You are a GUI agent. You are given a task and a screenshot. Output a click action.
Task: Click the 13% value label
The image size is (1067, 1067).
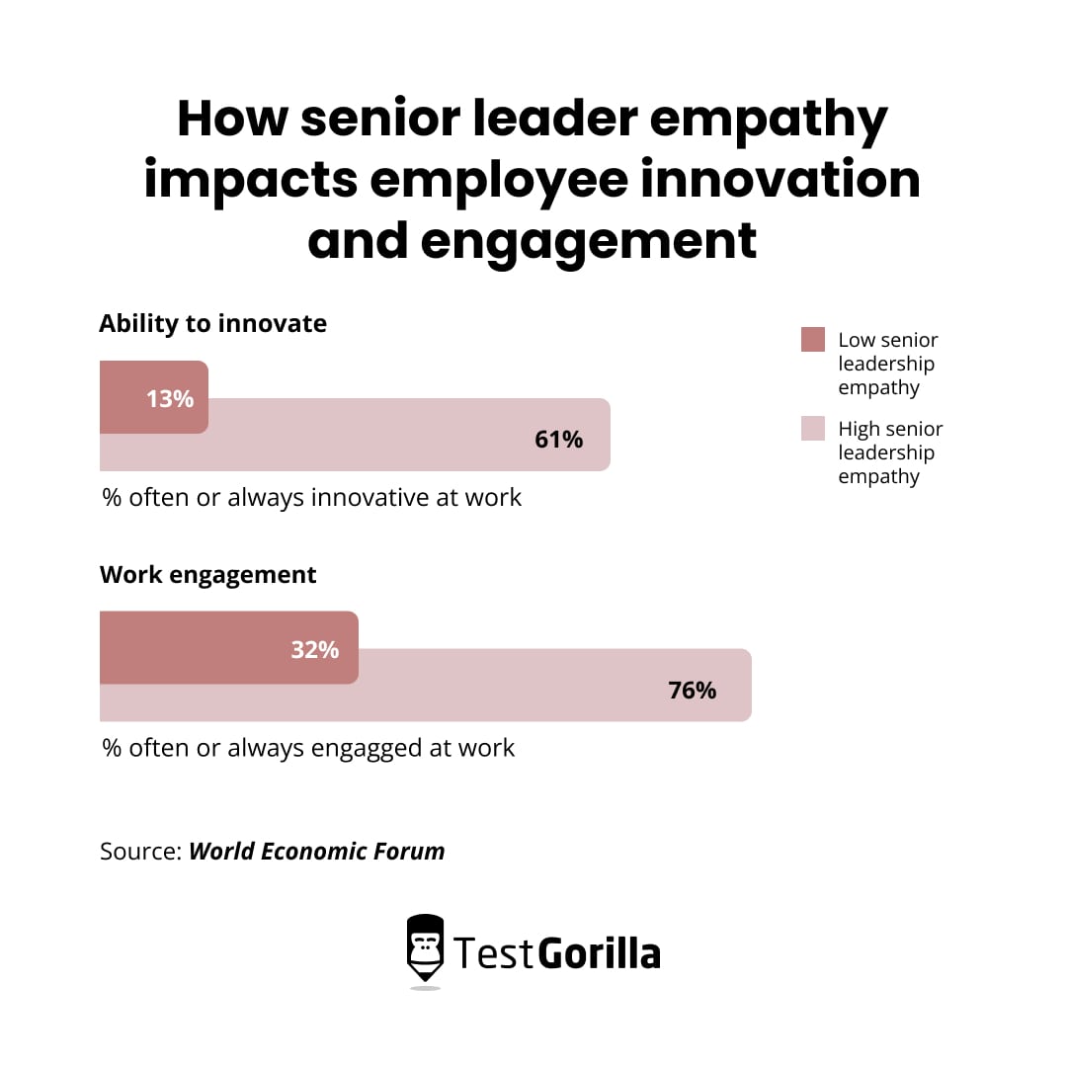(x=170, y=399)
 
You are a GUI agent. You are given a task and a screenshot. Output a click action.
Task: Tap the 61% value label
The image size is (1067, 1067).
(x=559, y=440)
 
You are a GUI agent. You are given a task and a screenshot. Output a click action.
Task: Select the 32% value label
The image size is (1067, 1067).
(x=315, y=650)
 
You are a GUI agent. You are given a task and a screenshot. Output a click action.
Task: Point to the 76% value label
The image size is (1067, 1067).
(x=693, y=691)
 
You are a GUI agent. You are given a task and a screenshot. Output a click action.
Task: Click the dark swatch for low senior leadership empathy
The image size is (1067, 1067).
(x=813, y=340)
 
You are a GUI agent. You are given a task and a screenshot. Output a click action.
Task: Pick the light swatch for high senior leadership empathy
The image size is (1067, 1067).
(x=813, y=429)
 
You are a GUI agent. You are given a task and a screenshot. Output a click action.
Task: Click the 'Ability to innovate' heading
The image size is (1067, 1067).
(x=212, y=323)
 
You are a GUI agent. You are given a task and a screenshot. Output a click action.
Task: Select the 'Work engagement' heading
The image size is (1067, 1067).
(x=208, y=575)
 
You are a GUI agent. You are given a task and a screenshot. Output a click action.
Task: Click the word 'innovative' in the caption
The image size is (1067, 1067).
(x=370, y=497)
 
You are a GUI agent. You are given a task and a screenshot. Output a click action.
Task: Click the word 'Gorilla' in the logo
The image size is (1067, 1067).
(x=599, y=953)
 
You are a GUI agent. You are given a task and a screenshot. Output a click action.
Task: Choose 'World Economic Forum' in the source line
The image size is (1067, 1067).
(x=317, y=851)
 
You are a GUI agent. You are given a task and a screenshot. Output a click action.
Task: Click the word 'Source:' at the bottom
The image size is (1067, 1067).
(x=141, y=851)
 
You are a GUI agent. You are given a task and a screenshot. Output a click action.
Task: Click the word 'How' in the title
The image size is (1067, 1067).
(x=232, y=120)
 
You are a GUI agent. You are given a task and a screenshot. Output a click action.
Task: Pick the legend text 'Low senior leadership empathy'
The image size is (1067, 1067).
(x=887, y=364)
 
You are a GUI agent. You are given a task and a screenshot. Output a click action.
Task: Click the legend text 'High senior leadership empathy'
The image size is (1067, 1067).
(x=890, y=452)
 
